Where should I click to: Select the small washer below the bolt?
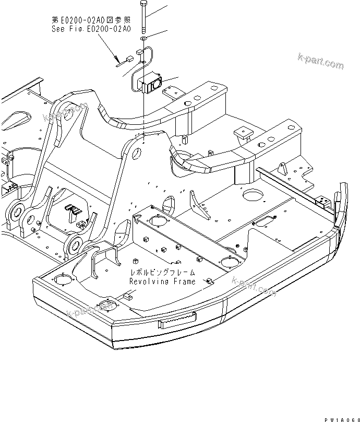(x=142, y=39)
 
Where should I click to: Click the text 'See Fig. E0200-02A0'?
(x=91, y=29)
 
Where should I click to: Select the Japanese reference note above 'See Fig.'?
(x=91, y=20)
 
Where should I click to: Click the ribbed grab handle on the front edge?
(x=178, y=320)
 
